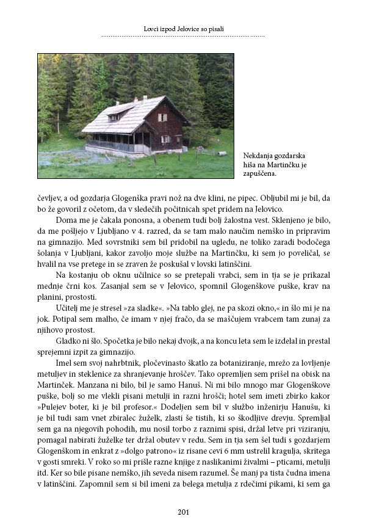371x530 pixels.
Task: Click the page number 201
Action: (185, 512)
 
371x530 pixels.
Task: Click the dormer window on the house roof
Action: (113, 116)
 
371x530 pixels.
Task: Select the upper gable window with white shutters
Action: (162, 117)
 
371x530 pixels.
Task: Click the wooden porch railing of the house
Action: (116, 146)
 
